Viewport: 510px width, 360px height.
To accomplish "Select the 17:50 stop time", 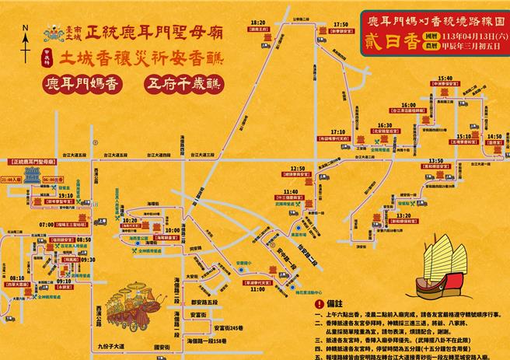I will tap(340, 25).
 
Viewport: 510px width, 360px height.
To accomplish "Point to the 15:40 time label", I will tap(445, 79).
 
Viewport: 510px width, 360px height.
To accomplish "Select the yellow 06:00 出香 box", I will tap(51, 179).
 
